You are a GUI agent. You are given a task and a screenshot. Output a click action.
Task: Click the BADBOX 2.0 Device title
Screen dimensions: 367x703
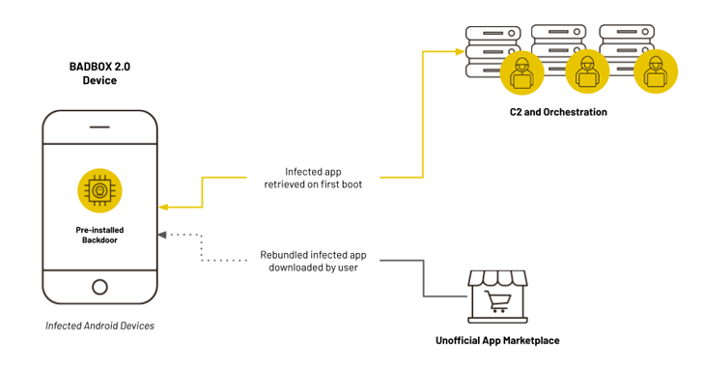(99, 73)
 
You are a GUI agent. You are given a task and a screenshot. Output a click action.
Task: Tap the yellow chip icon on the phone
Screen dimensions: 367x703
(99, 189)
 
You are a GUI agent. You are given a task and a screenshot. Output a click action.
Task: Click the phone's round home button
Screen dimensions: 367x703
(99, 286)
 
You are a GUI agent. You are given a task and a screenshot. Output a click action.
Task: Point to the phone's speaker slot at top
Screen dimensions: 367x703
(99, 127)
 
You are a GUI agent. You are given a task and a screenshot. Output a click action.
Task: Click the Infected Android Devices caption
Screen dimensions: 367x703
(99, 325)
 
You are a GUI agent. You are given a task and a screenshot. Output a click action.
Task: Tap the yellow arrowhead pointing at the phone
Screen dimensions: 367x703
(163, 207)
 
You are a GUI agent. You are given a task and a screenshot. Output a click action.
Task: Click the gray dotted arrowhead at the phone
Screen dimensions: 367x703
(163, 234)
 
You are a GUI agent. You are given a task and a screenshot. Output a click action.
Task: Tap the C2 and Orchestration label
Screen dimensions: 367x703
(558, 112)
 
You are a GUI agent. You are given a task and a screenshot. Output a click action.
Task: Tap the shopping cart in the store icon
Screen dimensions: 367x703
(499, 303)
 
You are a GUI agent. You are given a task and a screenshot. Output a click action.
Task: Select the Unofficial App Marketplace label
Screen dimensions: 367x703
(497, 341)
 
